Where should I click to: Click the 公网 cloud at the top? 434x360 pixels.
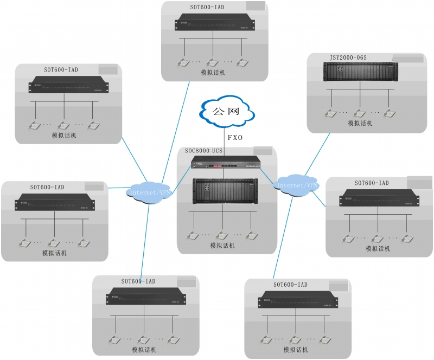click(226, 112)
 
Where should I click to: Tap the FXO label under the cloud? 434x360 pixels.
click(235, 138)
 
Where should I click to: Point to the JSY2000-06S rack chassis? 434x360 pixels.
click(360, 72)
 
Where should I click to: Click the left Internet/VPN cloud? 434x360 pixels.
click(148, 191)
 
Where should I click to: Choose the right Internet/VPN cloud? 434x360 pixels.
click(297, 184)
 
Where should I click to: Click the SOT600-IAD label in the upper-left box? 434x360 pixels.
click(61, 70)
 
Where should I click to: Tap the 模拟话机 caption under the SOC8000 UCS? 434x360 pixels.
click(222, 246)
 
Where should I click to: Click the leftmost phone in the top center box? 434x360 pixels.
click(184, 62)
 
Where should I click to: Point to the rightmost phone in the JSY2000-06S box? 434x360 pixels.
click(388, 113)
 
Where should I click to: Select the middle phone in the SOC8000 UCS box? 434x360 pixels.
click(221, 235)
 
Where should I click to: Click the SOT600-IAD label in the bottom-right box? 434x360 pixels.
click(290, 285)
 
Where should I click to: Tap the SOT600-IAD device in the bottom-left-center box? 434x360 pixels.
click(145, 298)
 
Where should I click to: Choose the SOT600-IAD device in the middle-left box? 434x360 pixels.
click(55, 202)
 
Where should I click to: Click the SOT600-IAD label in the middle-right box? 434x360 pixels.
click(372, 183)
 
